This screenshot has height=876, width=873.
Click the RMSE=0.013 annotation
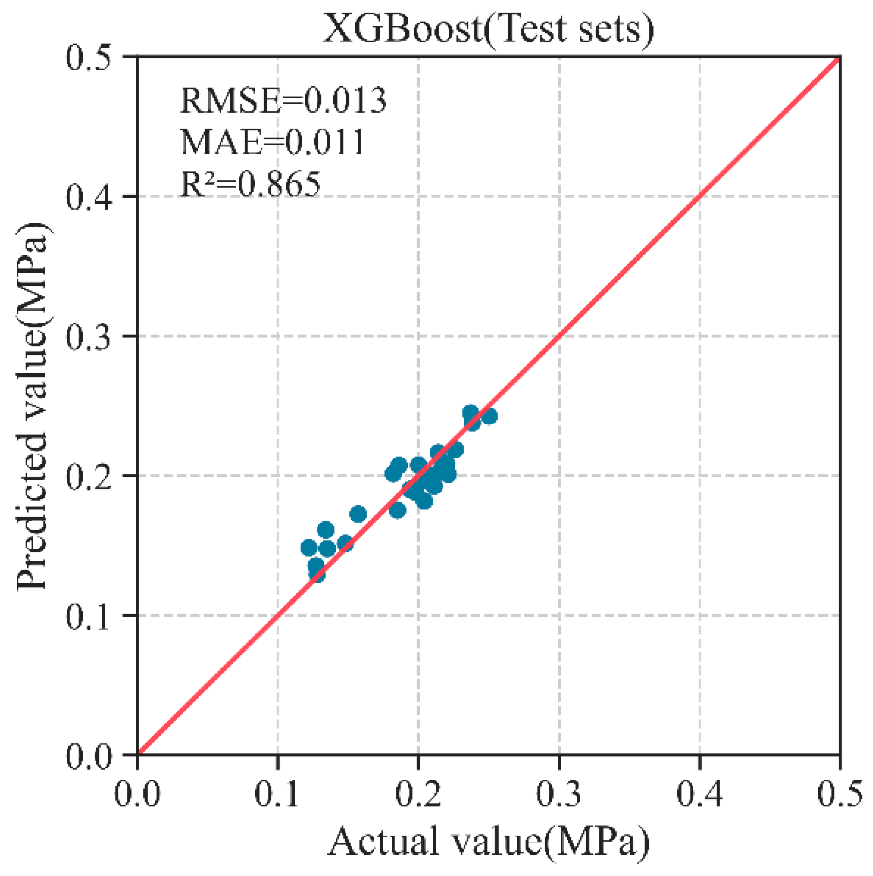[x=283, y=100]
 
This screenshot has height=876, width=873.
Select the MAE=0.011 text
[x=272, y=142]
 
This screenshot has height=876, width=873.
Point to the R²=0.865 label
[x=250, y=184]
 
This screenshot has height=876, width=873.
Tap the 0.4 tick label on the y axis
[x=89, y=197]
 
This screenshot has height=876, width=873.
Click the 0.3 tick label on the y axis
[x=89, y=336]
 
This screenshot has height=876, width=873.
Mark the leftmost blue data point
[x=309, y=548]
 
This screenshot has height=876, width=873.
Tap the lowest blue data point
[x=317, y=574]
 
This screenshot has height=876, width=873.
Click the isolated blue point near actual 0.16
[x=358, y=514]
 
